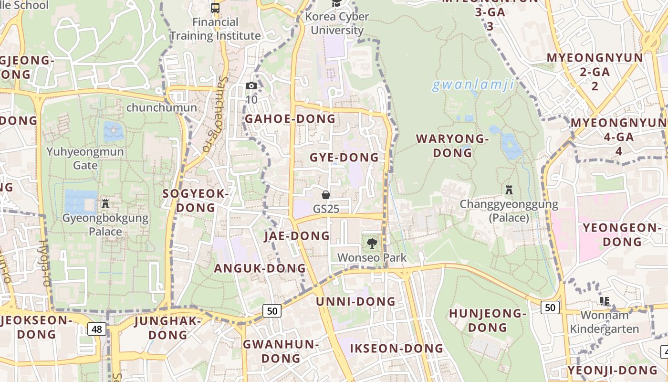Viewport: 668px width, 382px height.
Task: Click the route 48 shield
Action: pyautogui.click(x=97, y=329)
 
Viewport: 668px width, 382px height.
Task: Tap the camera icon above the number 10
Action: pyautogui.click(x=251, y=86)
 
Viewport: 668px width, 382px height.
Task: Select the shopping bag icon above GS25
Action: pyautogui.click(x=326, y=195)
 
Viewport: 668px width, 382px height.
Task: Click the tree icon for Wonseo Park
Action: pyautogui.click(x=372, y=244)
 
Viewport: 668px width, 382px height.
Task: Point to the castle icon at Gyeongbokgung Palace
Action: pyautogui.click(x=105, y=204)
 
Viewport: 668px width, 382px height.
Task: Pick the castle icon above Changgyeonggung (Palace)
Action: pyautogui.click(x=509, y=190)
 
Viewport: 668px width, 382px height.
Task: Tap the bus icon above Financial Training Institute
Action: pyautogui.click(x=215, y=8)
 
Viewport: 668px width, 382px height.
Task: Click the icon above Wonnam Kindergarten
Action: pyautogui.click(x=605, y=301)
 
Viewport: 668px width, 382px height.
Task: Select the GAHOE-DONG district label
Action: pyautogui.click(x=290, y=119)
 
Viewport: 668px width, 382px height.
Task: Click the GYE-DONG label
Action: pyautogui.click(x=344, y=157)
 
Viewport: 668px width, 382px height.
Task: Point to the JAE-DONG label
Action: pyautogui.click(x=297, y=235)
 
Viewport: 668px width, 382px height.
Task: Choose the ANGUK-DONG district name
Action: pyautogui.click(x=260, y=268)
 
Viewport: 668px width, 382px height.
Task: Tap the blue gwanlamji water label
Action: pyautogui.click(x=473, y=85)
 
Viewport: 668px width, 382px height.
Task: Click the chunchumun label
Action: pyautogui.click(x=161, y=107)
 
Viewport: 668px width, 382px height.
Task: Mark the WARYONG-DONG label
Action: pyautogui.click(x=452, y=146)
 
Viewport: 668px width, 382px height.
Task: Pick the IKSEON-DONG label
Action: pyautogui.click(x=397, y=349)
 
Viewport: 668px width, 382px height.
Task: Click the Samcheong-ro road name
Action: pyautogui.click(x=213, y=115)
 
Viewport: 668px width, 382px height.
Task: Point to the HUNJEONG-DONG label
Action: pyautogui.click(x=487, y=320)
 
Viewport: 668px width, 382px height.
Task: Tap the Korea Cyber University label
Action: pyautogui.click(x=337, y=23)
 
